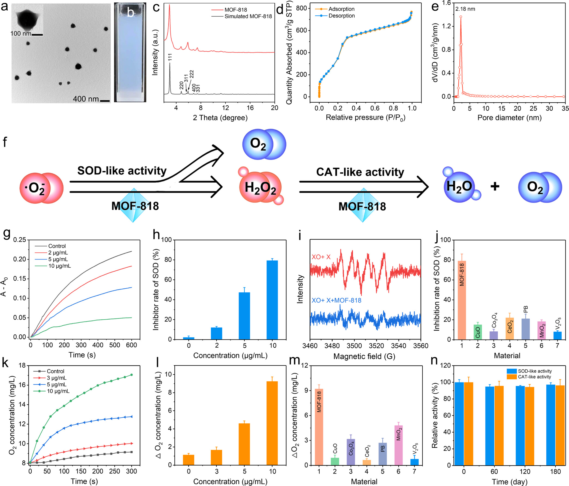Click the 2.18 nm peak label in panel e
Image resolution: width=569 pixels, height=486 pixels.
[x=465, y=9]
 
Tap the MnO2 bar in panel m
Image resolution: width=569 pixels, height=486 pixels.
[x=398, y=445]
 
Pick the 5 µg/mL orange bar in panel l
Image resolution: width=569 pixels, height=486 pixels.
[x=244, y=444]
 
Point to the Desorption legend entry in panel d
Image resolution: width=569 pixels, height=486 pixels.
[x=341, y=16]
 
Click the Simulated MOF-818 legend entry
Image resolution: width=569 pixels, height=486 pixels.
[x=248, y=16]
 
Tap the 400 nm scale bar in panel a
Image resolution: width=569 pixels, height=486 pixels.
[x=105, y=101]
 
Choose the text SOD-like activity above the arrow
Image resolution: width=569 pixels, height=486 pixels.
[x=122, y=171]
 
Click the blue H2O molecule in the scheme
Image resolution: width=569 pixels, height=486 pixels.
[x=459, y=186]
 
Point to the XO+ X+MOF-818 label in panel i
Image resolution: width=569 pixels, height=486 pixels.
[x=336, y=301]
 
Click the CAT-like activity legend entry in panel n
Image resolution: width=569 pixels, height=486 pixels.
[x=534, y=377]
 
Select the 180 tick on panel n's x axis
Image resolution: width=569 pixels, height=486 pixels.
[x=555, y=472]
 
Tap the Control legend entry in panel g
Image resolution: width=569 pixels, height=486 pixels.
[x=57, y=246]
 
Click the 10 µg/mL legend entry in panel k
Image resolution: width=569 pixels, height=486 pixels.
[x=58, y=391]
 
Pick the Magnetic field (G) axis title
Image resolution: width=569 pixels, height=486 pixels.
[x=364, y=356]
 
